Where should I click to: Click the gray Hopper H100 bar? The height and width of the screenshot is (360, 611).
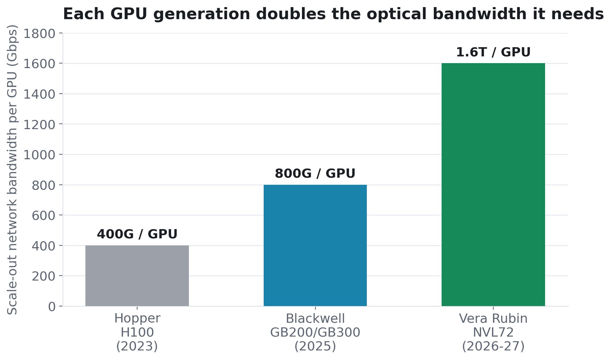tap(137, 276)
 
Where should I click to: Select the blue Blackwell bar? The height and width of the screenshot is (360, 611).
tap(315, 245)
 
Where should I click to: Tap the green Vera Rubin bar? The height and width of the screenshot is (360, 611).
tap(493, 184)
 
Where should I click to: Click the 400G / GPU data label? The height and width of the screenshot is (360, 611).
tap(137, 234)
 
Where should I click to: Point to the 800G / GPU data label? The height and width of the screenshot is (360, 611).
tap(315, 173)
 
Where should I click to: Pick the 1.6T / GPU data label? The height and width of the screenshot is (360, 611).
tap(493, 52)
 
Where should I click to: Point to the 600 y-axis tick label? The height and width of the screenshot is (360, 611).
tap(44, 216)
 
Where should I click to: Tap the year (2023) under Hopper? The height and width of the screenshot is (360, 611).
tap(137, 346)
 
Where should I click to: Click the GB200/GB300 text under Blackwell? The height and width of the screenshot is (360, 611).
tap(315, 332)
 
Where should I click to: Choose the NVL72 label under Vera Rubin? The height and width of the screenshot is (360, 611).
tap(493, 332)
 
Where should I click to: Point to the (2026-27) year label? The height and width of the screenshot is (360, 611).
tap(493, 346)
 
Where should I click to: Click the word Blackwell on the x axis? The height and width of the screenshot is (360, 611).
tap(315, 318)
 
